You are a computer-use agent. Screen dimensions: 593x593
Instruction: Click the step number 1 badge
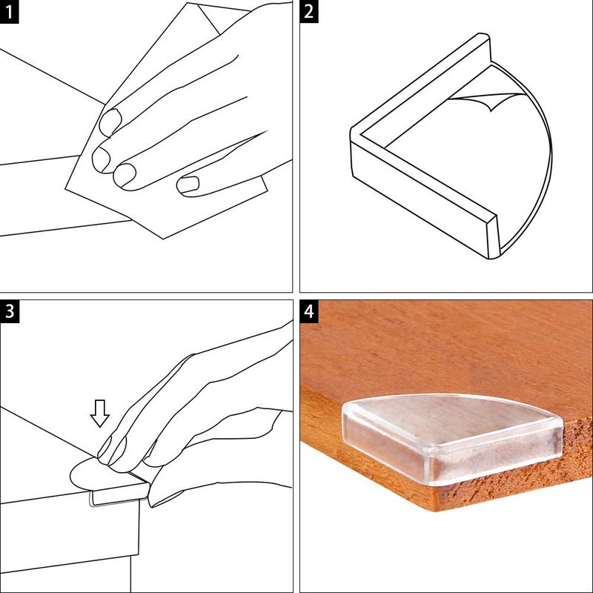pyautogui.click(x=9, y=12)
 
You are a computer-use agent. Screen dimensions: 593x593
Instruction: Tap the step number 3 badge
pyautogui.click(x=9, y=311)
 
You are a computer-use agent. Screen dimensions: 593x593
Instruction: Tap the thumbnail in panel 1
pyautogui.click(x=191, y=185)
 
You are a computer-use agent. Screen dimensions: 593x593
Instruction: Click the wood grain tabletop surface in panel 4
pyautogui.click(x=445, y=348)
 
